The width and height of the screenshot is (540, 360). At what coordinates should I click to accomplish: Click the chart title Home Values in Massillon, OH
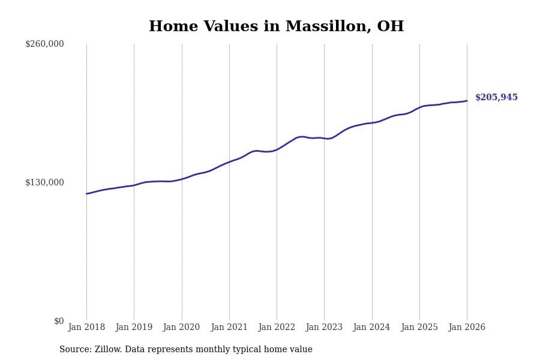click(x=276, y=27)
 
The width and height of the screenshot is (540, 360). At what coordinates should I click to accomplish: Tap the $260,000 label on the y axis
click(x=44, y=44)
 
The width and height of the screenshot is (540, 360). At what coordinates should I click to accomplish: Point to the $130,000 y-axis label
click(x=44, y=182)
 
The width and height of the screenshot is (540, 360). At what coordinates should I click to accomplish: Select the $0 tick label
click(x=59, y=321)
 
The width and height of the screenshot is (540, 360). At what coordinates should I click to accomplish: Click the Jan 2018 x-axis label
click(x=86, y=328)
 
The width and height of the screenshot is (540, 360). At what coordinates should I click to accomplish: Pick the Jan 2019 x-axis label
click(x=134, y=328)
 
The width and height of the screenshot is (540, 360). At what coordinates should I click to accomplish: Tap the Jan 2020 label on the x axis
click(x=181, y=328)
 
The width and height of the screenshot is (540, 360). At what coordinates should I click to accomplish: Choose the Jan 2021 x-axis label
click(x=229, y=328)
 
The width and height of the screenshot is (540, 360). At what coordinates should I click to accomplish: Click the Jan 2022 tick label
click(x=277, y=328)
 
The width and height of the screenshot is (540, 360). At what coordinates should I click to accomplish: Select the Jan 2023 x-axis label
click(x=324, y=328)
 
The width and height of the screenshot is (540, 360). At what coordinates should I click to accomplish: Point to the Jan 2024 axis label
click(x=371, y=328)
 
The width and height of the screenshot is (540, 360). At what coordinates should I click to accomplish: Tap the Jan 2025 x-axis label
click(x=419, y=328)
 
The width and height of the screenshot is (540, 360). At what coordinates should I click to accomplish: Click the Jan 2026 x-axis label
click(x=467, y=328)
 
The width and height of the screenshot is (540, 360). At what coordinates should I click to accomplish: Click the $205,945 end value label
click(x=496, y=98)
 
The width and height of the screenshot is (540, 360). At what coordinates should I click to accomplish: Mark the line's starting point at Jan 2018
click(x=86, y=194)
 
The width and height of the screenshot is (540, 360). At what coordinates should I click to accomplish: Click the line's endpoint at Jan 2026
click(x=467, y=101)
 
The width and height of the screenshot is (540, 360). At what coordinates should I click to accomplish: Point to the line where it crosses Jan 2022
click(x=277, y=149)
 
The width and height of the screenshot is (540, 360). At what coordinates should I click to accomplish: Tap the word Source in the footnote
click(x=74, y=350)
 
